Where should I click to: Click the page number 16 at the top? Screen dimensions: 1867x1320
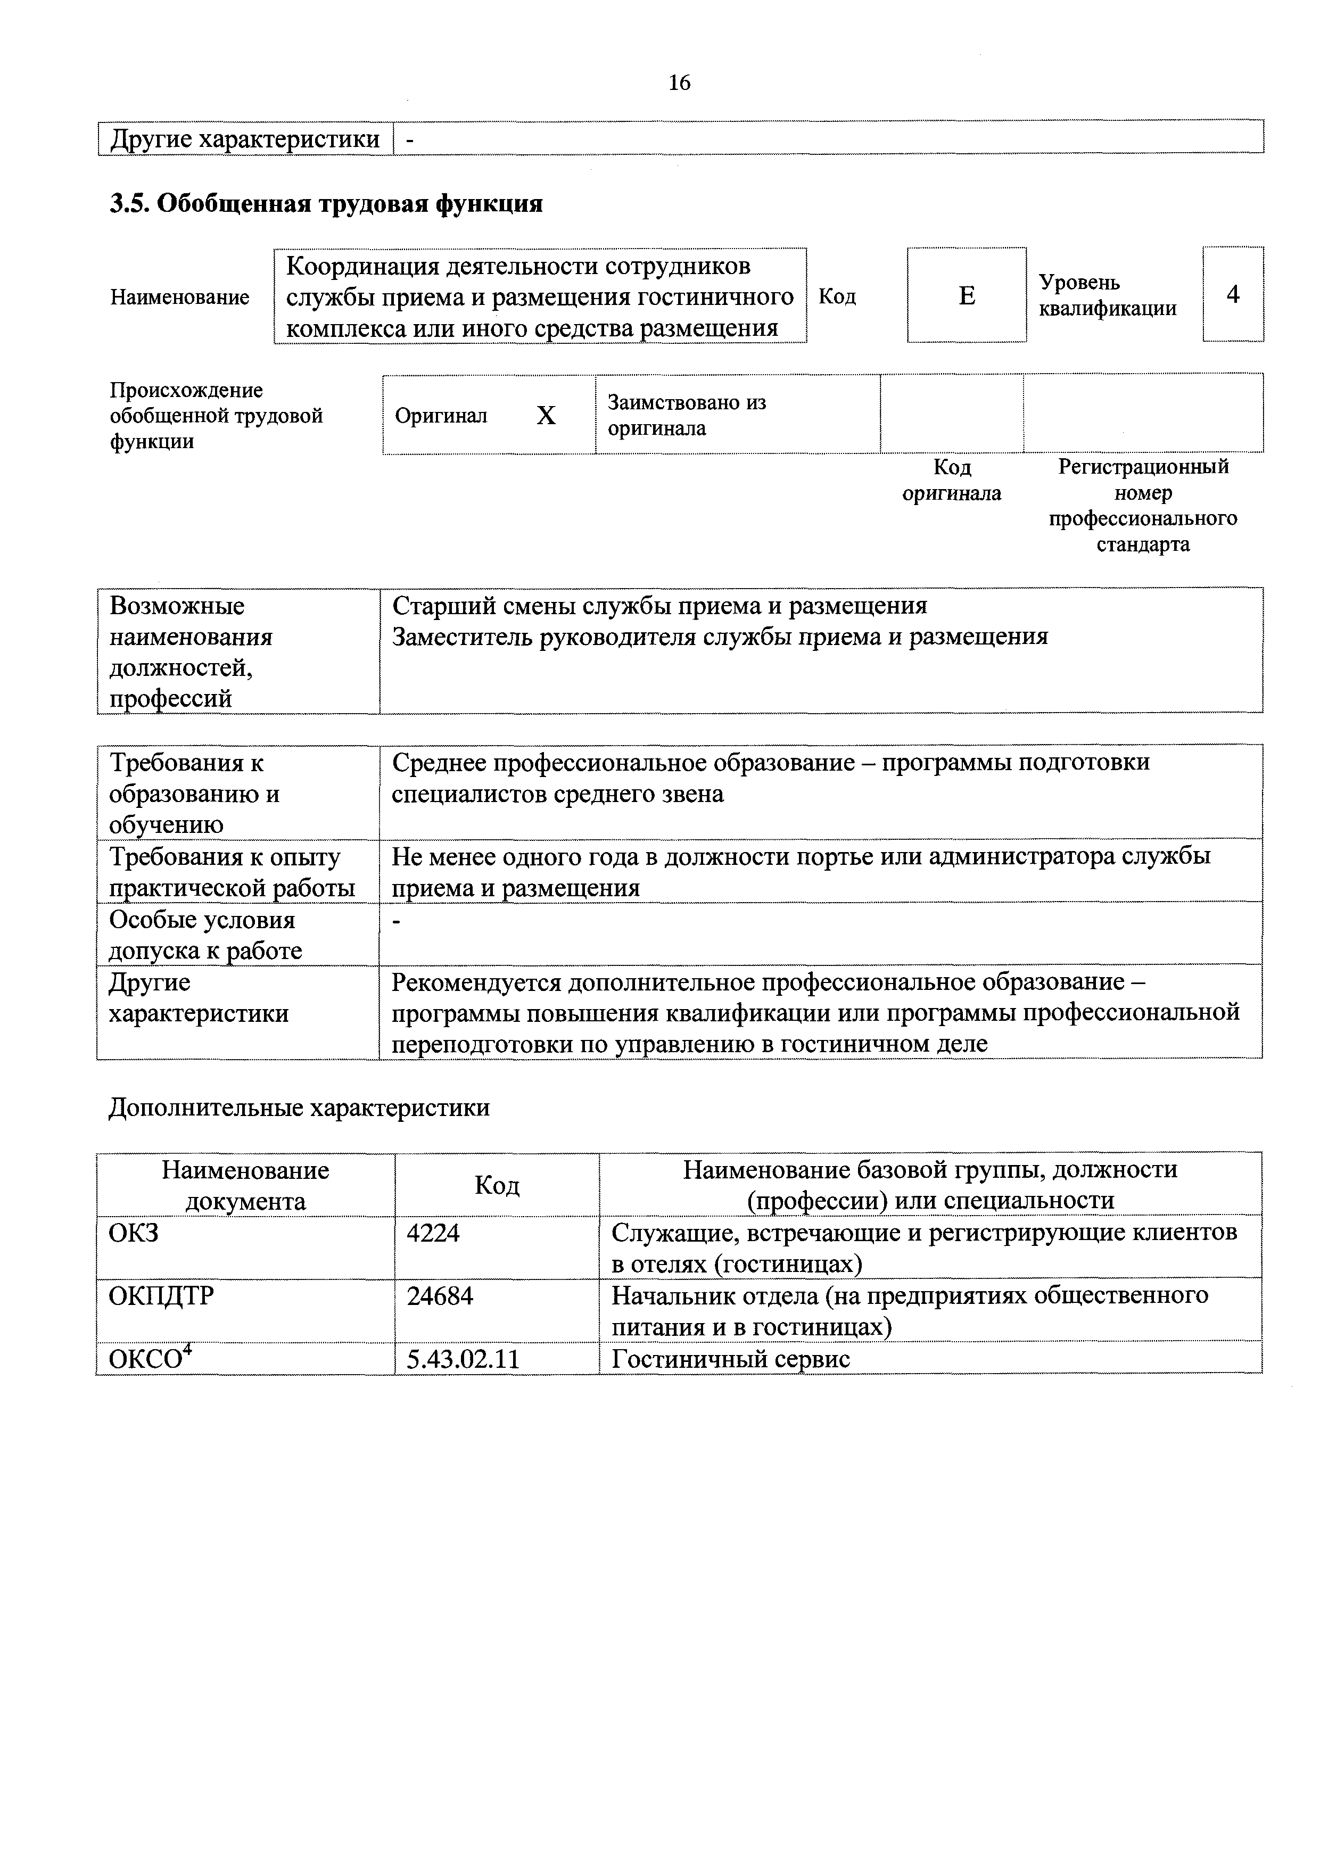tap(679, 83)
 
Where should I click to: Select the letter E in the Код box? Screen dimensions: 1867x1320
tap(966, 295)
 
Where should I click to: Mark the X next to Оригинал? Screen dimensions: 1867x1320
tap(546, 416)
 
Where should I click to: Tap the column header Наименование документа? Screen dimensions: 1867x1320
tap(245, 1186)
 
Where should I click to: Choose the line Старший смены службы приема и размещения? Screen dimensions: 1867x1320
tap(659, 606)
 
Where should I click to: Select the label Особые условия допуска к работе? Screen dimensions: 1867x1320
tap(205, 935)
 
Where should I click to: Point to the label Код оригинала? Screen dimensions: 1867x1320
tap(952, 480)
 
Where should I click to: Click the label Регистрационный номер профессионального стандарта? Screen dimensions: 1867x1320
tap(1143, 505)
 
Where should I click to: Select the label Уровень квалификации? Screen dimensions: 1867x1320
tap(1107, 295)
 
